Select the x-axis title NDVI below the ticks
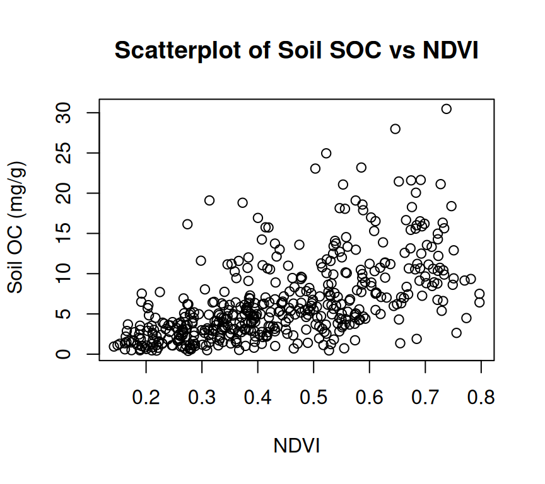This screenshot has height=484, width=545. pyautogui.click(x=296, y=446)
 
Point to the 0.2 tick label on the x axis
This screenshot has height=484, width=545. pyautogui.click(x=146, y=398)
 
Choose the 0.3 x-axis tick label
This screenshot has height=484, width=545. pyautogui.click(x=202, y=398)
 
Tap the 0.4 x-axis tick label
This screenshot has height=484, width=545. pyautogui.click(x=257, y=398)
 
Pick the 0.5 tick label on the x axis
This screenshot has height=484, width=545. pyautogui.click(x=314, y=398)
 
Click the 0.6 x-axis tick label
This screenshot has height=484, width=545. pyautogui.click(x=369, y=398)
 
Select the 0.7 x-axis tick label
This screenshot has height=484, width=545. pyautogui.click(x=425, y=398)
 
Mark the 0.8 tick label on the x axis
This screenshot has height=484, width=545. pyautogui.click(x=481, y=398)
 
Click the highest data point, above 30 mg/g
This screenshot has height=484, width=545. pyautogui.click(x=447, y=109)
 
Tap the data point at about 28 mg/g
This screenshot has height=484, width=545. pyautogui.click(x=396, y=129)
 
